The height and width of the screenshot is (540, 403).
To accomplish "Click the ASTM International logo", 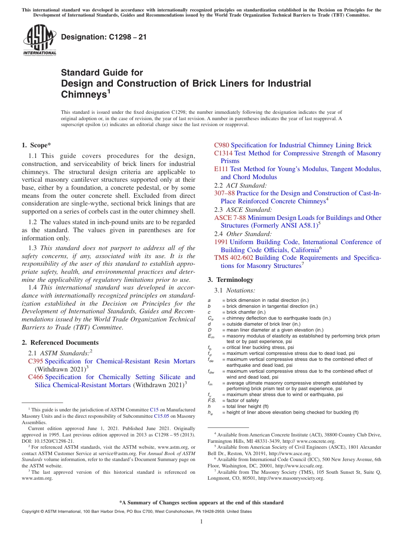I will click(39, 40).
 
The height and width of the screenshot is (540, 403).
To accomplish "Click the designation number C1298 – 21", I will click(104, 37).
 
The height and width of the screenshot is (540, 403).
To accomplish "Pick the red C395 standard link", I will click(36, 361).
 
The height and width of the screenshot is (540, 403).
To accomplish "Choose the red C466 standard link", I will click(36, 377).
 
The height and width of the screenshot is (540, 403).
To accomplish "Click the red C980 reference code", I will click(221, 145).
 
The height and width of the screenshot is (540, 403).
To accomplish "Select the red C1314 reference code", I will click(223, 153).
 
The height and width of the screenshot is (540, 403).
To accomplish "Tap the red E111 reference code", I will click(221, 169).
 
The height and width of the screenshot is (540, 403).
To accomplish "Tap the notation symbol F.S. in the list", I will click(212, 400).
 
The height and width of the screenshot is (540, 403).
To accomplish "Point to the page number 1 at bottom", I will click(201, 522).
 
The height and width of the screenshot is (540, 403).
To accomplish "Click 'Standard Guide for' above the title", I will click(102, 73).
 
